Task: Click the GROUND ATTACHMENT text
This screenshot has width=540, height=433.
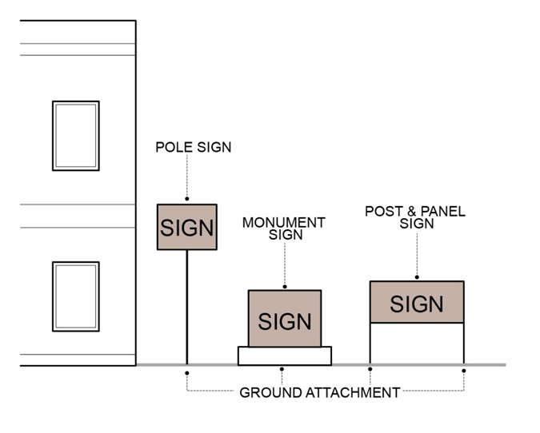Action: (x=320, y=393)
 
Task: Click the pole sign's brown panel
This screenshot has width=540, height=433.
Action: (x=187, y=227)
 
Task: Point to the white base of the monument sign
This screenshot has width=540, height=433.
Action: (x=285, y=356)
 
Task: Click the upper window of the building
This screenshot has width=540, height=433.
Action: (x=76, y=136)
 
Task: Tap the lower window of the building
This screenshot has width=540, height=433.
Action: (x=76, y=296)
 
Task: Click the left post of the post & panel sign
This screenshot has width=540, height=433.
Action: (x=370, y=344)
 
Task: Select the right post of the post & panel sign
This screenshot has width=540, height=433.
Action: (x=464, y=344)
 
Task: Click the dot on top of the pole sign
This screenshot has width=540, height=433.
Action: (x=187, y=199)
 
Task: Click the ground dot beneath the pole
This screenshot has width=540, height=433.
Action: (x=187, y=371)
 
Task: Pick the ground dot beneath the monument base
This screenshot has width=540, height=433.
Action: (x=282, y=369)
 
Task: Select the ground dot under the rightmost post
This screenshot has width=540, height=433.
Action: (x=464, y=370)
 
